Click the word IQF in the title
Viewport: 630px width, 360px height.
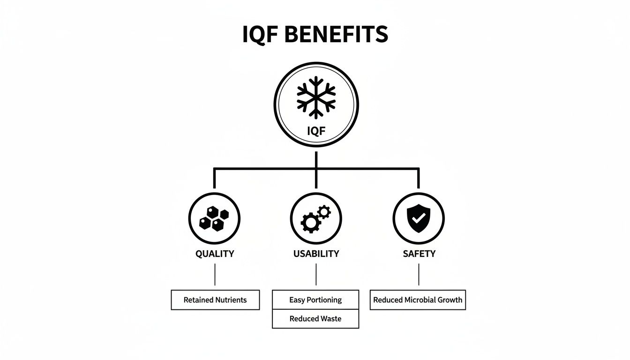coord(261,34)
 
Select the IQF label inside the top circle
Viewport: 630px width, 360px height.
coord(316,131)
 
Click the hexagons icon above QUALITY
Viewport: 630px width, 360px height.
coord(214,219)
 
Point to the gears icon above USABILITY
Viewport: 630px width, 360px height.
coord(315,219)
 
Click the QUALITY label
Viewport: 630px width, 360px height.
coord(215,254)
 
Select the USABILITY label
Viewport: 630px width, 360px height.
coord(316,254)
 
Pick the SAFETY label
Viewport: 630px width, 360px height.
coord(419,254)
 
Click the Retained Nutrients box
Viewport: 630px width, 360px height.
coord(215,300)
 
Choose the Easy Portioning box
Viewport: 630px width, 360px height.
coord(315,300)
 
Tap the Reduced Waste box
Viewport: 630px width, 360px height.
coord(315,319)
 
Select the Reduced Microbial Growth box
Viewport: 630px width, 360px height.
coord(418,300)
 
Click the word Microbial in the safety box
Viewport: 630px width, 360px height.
coord(420,300)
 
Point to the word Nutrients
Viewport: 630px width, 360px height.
coord(231,300)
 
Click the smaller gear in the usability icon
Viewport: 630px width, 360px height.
coord(324,212)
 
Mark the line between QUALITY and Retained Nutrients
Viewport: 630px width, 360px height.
coord(215,274)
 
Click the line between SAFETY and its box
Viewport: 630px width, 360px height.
coord(419,274)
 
